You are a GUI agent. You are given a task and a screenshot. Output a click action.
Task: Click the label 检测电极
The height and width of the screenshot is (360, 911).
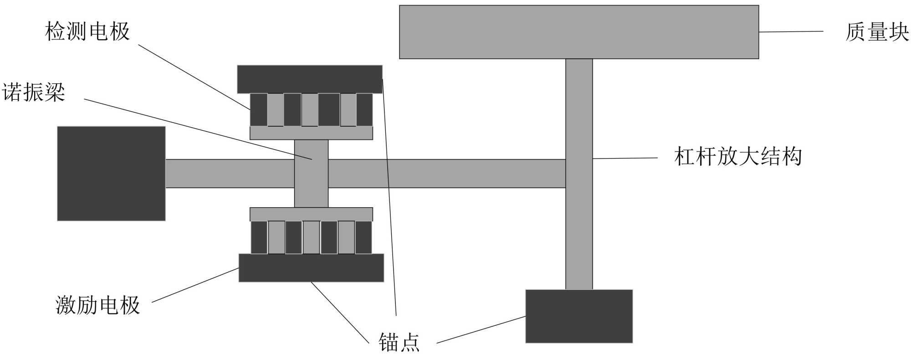pos(87,32)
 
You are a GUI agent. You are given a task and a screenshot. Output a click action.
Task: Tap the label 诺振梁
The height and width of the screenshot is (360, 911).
pos(34,93)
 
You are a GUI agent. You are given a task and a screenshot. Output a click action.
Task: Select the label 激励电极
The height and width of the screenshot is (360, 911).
pos(97,305)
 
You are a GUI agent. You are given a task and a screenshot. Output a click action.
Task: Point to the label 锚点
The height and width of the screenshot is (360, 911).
pos(399,342)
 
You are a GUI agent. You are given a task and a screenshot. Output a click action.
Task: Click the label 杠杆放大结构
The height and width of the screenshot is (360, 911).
pos(738,157)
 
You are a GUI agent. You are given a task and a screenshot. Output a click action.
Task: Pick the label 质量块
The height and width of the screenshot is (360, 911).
pos(877,32)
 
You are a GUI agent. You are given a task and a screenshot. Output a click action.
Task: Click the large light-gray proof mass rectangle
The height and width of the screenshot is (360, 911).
pos(578,32)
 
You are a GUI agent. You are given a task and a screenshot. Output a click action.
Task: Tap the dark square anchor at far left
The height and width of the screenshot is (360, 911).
pos(111,174)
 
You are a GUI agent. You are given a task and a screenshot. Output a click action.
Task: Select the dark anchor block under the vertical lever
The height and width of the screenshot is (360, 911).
pos(579,316)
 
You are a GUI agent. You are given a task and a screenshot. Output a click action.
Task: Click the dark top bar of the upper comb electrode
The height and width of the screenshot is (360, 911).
pos(310,79)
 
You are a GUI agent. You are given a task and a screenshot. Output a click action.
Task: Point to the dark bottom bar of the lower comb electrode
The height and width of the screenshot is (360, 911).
pos(311,268)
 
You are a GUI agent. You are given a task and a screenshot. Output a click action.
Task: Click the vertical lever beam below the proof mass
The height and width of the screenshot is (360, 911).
pos(579,228)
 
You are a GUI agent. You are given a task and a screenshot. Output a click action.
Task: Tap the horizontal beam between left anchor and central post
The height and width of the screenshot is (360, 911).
pos(230,174)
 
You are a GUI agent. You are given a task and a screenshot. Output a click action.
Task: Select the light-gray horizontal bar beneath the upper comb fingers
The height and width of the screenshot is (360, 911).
pos(311,133)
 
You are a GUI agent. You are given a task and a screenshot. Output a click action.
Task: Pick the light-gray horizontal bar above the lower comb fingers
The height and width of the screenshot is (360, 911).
pos(311,214)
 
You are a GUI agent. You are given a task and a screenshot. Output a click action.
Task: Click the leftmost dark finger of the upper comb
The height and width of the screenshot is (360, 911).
pos(259,109)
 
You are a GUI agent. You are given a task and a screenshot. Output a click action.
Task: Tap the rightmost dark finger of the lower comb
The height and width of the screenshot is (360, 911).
pos(363,237)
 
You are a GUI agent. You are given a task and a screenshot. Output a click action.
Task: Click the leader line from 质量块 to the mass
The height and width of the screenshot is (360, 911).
pos(791,31)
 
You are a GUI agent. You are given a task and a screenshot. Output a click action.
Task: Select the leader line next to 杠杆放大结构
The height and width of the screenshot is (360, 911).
pos(625,158)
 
